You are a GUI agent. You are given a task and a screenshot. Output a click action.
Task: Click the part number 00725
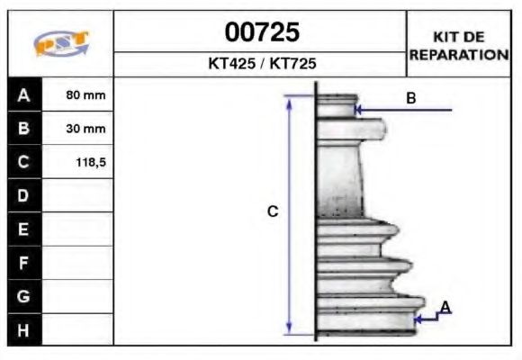[x=261, y=33]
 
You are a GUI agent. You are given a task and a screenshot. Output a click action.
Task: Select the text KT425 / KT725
[x=261, y=65]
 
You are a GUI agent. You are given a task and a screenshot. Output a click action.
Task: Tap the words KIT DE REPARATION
[x=459, y=45]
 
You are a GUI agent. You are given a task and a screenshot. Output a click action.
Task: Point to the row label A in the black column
[x=23, y=94]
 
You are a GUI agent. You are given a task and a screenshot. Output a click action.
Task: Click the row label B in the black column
[x=23, y=128]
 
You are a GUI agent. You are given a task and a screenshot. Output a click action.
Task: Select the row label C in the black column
[x=23, y=162]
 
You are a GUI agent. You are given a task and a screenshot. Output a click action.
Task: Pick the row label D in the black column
[x=23, y=195]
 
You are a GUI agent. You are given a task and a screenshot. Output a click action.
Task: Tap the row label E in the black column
[x=23, y=229]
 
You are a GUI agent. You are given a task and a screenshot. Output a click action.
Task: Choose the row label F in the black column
[x=23, y=263]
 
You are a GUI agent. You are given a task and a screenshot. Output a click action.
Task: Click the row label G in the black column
[x=23, y=296]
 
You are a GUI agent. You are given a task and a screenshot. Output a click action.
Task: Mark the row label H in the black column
[x=23, y=329]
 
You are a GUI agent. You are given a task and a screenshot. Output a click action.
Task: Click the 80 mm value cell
[x=86, y=94]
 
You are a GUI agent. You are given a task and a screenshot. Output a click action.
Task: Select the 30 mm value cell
[x=86, y=128]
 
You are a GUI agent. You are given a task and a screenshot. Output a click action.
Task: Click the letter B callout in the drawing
[x=410, y=98]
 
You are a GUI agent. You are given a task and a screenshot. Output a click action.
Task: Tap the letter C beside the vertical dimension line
[x=274, y=212]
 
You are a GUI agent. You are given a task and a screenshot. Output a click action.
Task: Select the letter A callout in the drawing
[x=445, y=308]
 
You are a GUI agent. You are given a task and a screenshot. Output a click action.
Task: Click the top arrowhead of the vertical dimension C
[x=290, y=101]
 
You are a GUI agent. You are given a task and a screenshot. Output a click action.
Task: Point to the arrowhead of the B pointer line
[x=359, y=111]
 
